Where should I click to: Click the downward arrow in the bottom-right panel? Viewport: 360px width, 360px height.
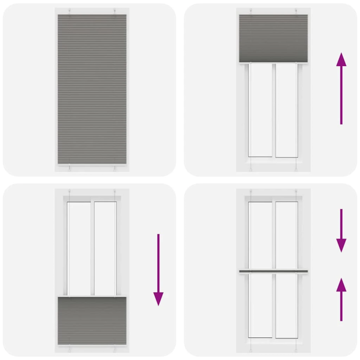pyautogui.click(x=341, y=230)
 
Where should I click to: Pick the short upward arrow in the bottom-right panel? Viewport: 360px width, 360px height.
pyautogui.click(x=341, y=299)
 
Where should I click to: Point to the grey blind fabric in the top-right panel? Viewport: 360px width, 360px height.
pyautogui.click(x=273, y=38)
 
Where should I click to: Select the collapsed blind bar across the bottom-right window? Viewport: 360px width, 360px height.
pyautogui.click(x=273, y=271)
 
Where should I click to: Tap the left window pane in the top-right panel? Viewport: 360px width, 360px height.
pyautogui.click(x=261, y=110)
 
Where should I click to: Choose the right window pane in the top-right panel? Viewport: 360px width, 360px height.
pyautogui.click(x=286, y=110)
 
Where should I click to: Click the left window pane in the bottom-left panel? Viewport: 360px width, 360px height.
pyautogui.click(x=79, y=247)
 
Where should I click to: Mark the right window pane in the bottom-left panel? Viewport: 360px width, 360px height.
pyautogui.click(x=105, y=247)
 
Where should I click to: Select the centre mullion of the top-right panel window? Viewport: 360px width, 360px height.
pyautogui.click(x=274, y=110)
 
